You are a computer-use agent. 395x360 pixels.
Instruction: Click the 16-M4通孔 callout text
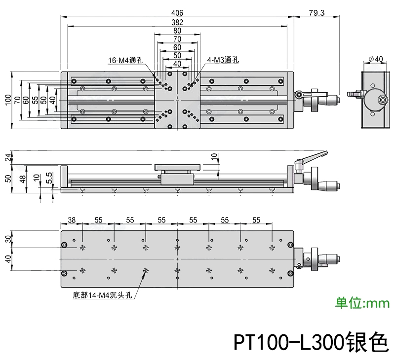click(x=125, y=61)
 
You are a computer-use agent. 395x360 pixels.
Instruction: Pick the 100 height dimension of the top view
click(x=7, y=100)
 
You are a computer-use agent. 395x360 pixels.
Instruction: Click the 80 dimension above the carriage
click(x=177, y=31)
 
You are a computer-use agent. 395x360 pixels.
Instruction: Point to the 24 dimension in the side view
click(x=7, y=157)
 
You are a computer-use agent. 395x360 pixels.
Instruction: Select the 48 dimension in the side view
click(x=22, y=179)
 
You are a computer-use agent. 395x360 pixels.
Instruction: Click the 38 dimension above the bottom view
click(x=72, y=220)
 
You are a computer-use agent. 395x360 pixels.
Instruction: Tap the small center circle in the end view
click(x=383, y=100)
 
